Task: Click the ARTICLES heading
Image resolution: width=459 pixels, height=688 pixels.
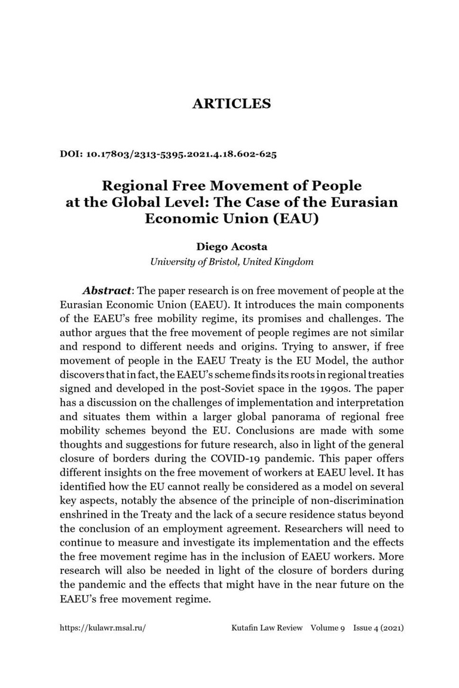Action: (x=231, y=103)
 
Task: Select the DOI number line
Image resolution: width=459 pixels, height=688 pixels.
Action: (x=168, y=154)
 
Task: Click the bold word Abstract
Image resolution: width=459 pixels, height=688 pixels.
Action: (x=108, y=291)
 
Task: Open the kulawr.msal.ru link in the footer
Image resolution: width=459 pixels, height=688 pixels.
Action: (x=103, y=628)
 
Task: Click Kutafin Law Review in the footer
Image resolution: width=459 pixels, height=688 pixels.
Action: (x=267, y=628)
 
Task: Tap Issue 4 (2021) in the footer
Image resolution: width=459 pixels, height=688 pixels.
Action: (x=378, y=628)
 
